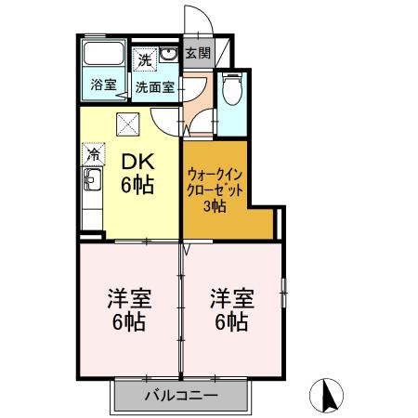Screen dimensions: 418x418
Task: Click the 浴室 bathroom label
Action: (103, 85)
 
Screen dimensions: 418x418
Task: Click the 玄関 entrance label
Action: (197, 54)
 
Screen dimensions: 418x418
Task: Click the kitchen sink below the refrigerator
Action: (92, 196)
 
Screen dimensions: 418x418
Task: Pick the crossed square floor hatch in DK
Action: (128, 124)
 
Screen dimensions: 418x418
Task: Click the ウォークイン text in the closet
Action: (216, 174)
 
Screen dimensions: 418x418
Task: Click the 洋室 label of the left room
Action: (129, 299)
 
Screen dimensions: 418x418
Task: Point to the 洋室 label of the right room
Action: (229, 299)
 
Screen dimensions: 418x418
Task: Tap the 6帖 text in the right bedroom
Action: (229, 323)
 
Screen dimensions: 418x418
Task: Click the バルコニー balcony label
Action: (181, 397)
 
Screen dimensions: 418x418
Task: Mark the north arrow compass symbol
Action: (327, 395)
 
